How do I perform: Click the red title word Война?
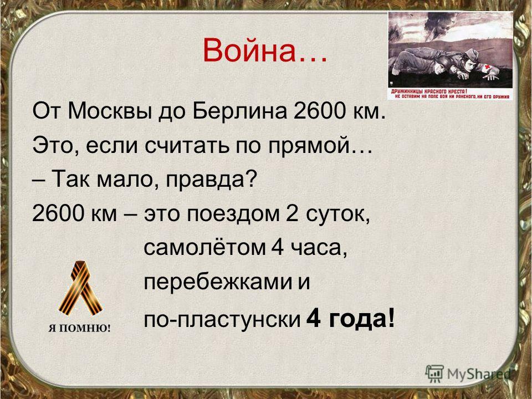[x=249, y=50]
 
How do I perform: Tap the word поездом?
[x=233, y=214]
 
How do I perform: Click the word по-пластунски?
[x=222, y=319]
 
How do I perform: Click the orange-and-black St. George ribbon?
[x=80, y=288]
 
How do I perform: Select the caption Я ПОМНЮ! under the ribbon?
[x=79, y=329]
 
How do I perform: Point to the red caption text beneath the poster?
[x=450, y=94]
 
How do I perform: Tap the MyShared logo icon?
[x=434, y=374]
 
